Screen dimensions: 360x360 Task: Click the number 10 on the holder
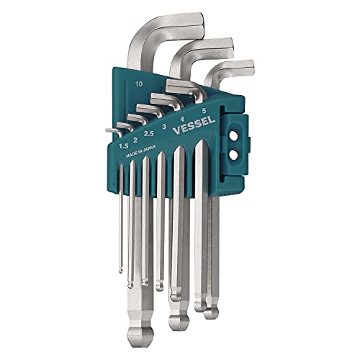(x=139, y=84)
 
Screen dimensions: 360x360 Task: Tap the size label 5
(x=204, y=110)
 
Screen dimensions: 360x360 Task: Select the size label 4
(x=182, y=119)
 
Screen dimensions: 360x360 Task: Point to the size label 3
(x=164, y=127)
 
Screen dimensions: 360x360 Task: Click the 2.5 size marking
(x=148, y=134)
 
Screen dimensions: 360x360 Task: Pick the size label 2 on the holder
(x=135, y=140)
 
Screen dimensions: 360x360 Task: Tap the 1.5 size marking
(x=124, y=145)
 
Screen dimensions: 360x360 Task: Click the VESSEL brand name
(x=194, y=125)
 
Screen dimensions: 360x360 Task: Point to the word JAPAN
(x=150, y=149)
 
